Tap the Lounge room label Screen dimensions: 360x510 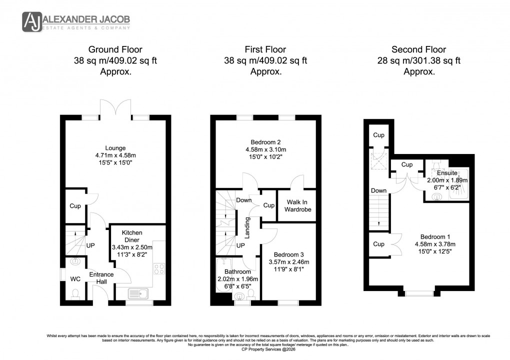(x=115, y=148)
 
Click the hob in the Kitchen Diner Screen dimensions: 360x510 (x=159, y=269)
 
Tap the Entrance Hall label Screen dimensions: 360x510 (x=101, y=278)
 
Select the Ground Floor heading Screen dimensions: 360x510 (x=115, y=49)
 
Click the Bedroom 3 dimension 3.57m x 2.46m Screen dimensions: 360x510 (x=290, y=262)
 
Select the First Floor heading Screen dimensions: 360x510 (x=265, y=49)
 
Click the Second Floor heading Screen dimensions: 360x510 (x=418, y=49)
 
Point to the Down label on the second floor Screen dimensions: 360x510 (x=378, y=190)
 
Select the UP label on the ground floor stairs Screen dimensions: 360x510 (x=91, y=246)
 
